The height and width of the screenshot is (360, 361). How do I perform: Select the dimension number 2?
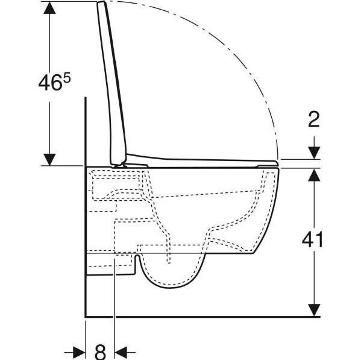(x=312, y=120)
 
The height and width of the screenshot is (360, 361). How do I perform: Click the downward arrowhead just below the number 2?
(x=312, y=153)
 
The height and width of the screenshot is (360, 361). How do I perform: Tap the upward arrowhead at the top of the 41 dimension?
(x=312, y=175)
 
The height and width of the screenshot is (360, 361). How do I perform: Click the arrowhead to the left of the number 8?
(x=79, y=350)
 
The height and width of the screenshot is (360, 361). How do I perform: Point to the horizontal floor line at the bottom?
(x=199, y=316)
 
